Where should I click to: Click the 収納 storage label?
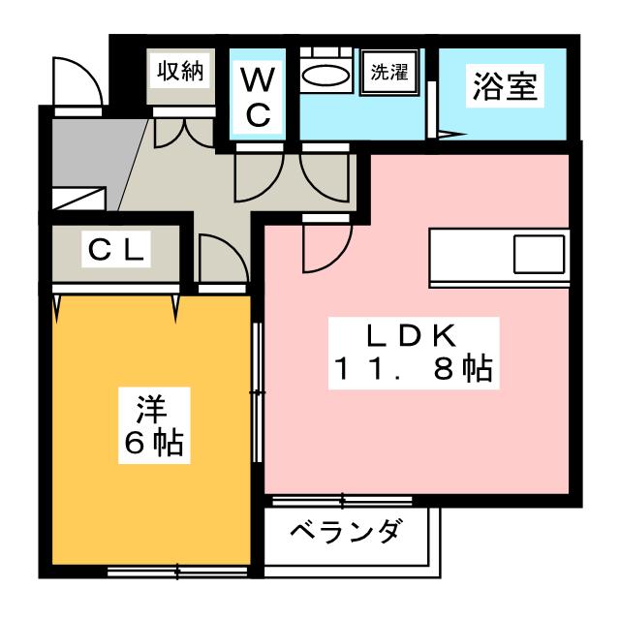coord(180,72)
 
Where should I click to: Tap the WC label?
coord(258,97)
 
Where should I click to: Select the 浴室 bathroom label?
coord(505,86)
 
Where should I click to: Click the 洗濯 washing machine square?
coord(388,73)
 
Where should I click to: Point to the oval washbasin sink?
coord(325,75)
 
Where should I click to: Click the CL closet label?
coord(116,250)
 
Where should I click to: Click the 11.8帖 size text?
coord(414,368)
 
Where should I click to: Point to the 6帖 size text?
coord(154,443)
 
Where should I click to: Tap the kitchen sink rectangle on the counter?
coord(539,254)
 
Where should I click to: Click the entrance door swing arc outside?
coord(77,81)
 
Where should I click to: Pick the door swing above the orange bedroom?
coord(224,259)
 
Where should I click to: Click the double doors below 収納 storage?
coord(184,133)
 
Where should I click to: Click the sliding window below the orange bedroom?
coord(177,571)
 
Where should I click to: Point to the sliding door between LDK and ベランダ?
coord(343,502)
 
